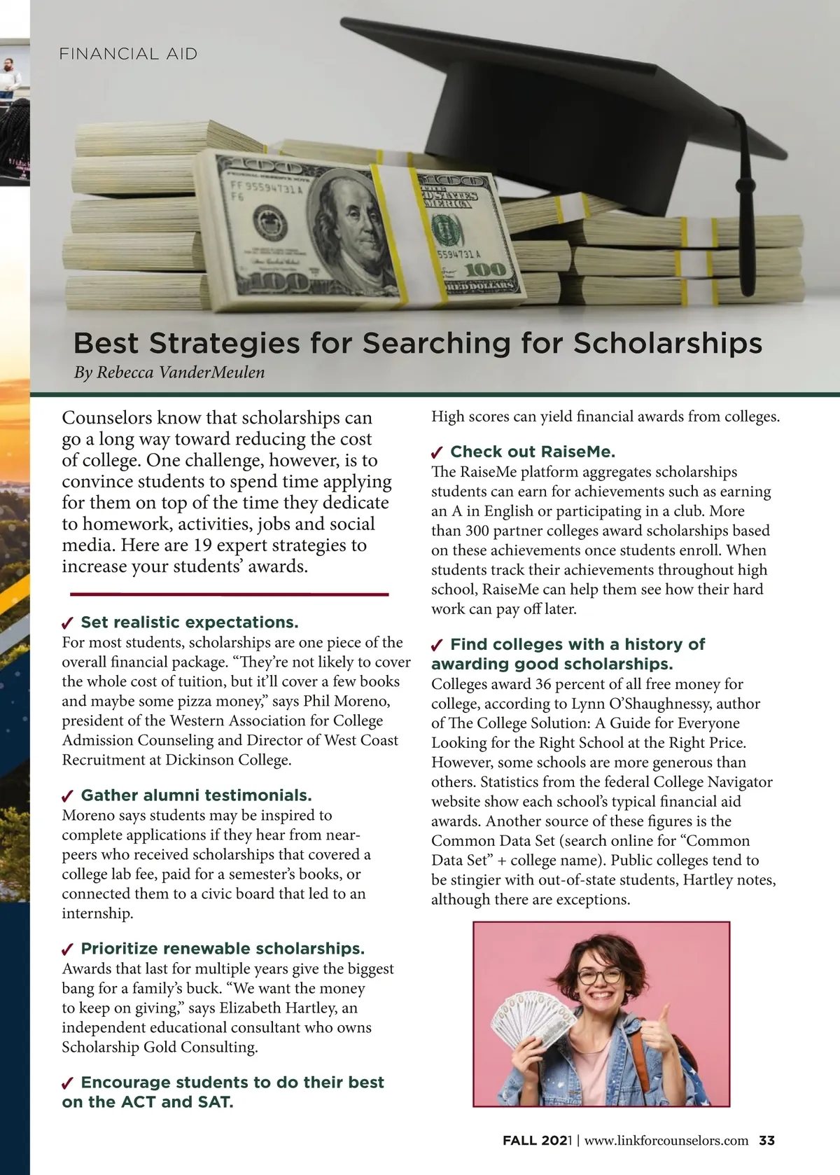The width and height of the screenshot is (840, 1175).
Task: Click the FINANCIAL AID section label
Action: click(129, 54)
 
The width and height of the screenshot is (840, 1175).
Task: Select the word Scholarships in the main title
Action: click(668, 343)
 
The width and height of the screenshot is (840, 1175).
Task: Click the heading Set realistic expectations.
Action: click(190, 623)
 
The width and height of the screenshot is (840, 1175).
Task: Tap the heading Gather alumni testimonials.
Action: click(196, 795)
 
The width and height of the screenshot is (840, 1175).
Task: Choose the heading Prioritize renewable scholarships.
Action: click(223, 949)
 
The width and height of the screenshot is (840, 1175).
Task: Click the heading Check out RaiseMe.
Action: click(533, 452)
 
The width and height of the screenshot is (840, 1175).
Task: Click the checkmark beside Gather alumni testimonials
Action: click(69, 796)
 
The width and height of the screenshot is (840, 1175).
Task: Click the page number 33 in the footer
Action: click(766, 1141)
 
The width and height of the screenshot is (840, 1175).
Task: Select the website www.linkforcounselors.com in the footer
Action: click(666, 1141)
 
